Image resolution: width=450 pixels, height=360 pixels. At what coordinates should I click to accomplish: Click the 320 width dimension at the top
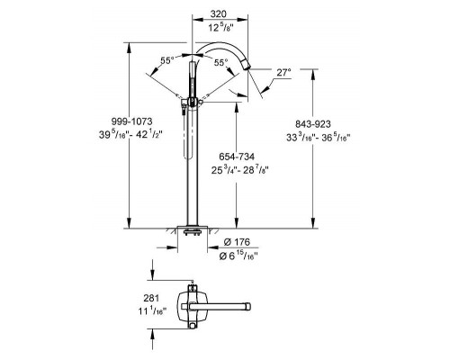215,14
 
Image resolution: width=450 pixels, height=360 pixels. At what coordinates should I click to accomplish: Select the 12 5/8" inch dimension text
215,29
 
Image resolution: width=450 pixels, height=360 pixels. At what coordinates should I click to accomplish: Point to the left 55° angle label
166,61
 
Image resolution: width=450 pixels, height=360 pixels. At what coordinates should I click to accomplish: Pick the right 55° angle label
220,61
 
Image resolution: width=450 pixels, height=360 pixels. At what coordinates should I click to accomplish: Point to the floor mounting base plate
190,229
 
